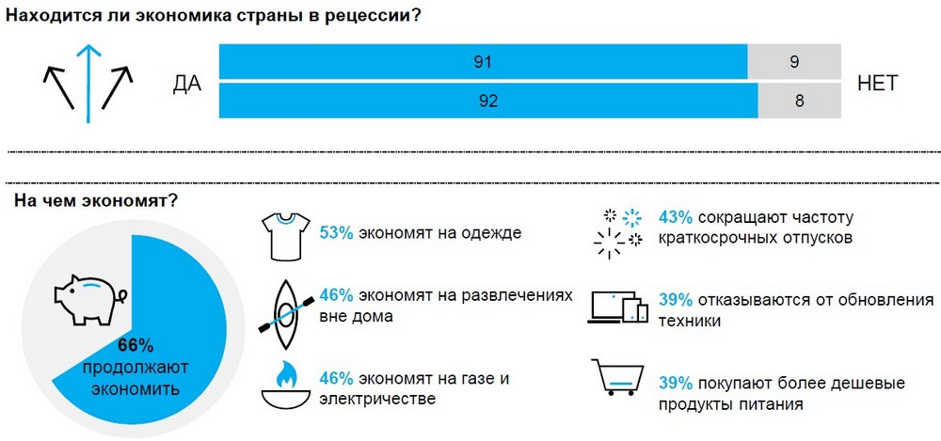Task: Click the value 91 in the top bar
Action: [484, 63]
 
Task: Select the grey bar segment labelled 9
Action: [794, 63]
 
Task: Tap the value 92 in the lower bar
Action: [487, 101]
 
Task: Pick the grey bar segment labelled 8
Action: [799, 101]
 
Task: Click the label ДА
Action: [188, 83]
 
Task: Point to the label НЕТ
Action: [878, 83]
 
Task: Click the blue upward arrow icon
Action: [88, 83]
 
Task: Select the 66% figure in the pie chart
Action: [136, 344]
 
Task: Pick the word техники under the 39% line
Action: [691, 321]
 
